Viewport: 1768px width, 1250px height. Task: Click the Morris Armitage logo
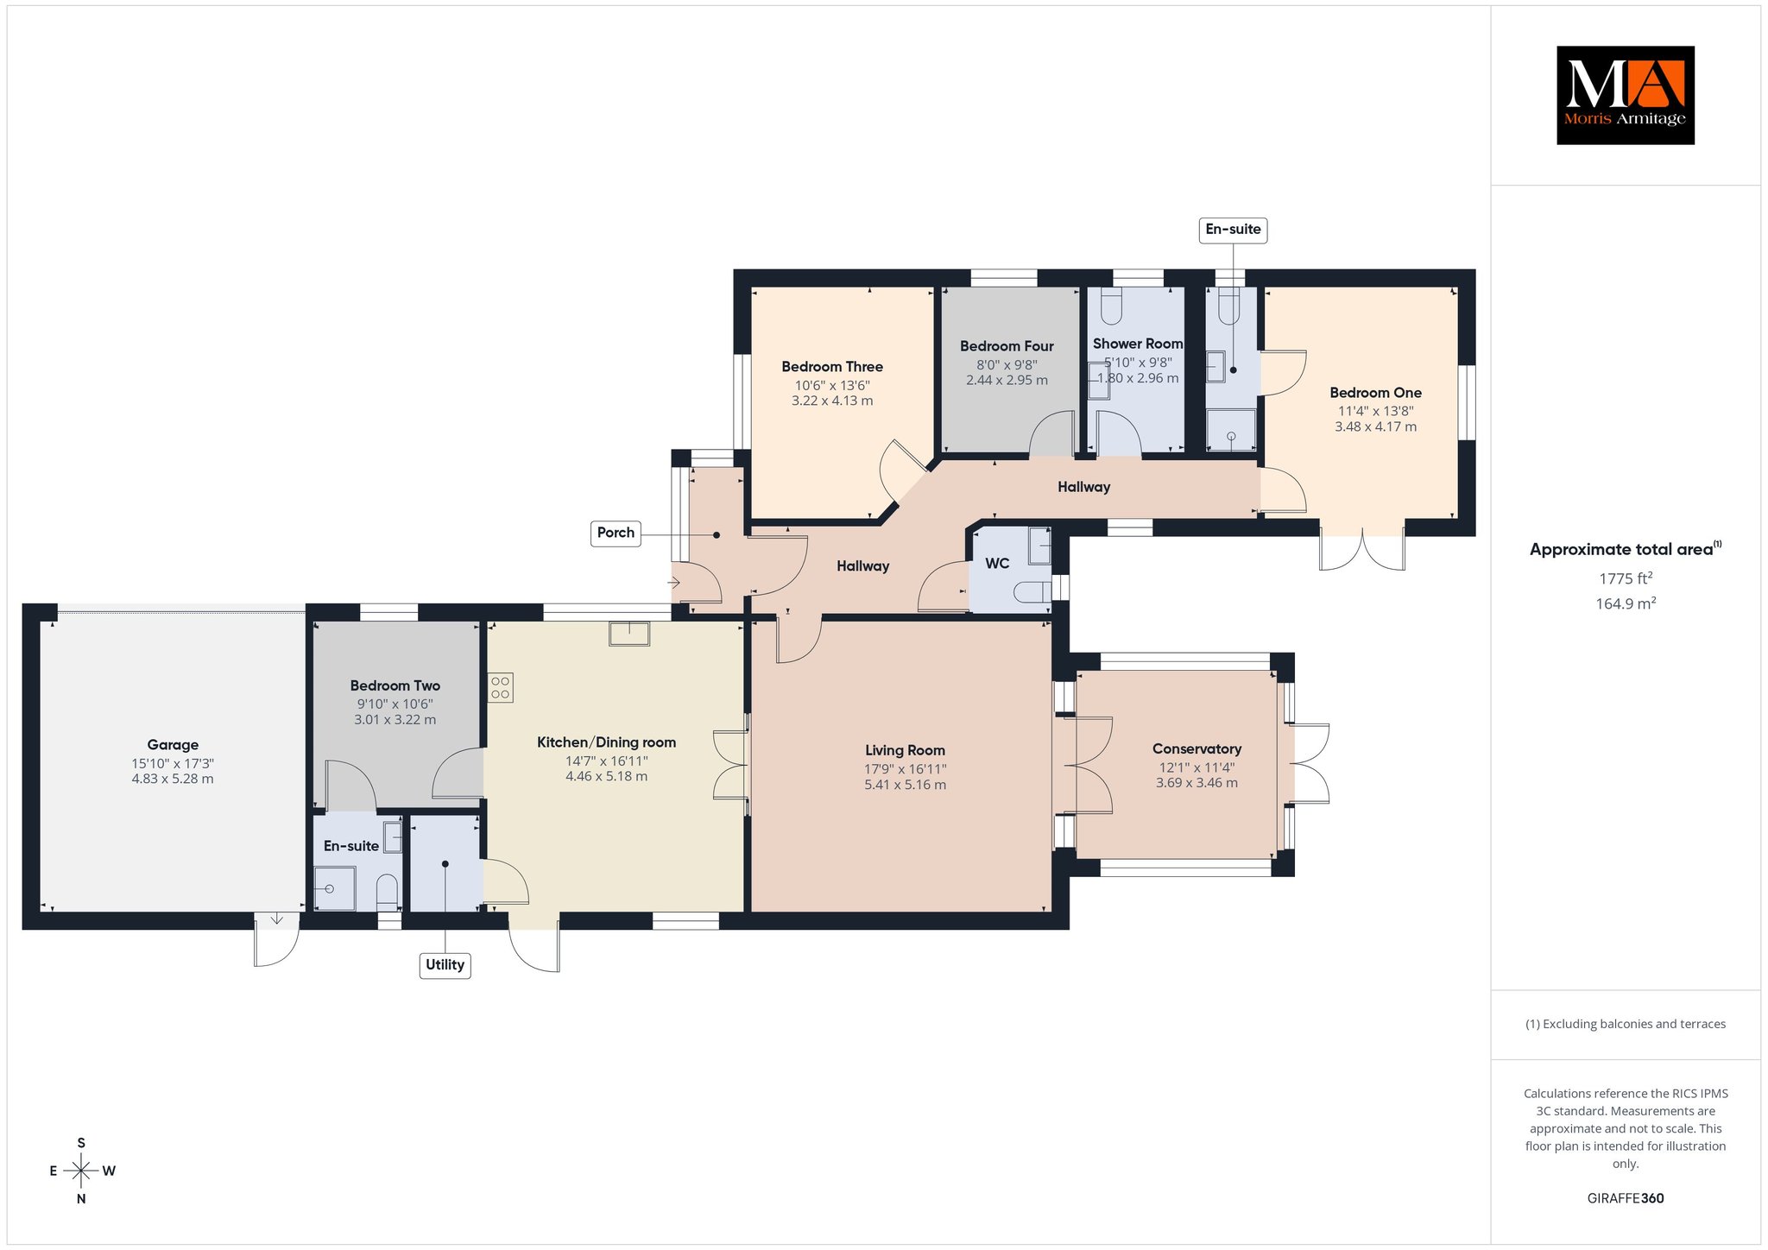pos(1625,95)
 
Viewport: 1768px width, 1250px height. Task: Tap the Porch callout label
pos(616,533)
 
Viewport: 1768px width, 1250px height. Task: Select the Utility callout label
pos(445,965)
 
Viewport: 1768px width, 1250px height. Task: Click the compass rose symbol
pos(81,1171)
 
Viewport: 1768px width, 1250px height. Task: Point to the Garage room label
pos(173,745)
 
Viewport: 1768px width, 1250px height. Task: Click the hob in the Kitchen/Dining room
pos(500,688)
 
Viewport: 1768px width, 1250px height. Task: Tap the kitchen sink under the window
pos(629,634)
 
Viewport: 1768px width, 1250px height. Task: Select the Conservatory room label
pos(1197,749)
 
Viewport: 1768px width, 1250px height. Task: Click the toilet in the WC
pos(1030,591)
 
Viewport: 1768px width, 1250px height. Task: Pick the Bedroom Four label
pos(1007,346)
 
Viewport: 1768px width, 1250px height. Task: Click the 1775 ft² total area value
pos(1626,578)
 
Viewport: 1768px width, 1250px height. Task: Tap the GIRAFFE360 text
pos(1626,1198)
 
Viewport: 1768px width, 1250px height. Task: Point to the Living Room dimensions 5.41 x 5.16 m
pos(905,785)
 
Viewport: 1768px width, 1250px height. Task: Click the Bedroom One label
pos(1375,393)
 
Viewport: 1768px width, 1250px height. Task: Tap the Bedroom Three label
pos(832,367)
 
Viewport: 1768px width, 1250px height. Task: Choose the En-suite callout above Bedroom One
pos(1233,230)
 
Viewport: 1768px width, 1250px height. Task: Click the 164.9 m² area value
pos(1626,603)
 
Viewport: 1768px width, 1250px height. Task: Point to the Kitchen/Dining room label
pos(606,742)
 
